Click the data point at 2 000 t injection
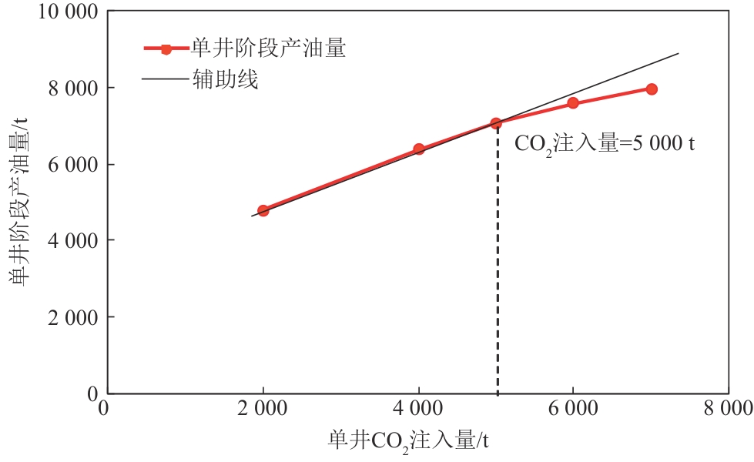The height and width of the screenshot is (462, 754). click(x=263, y=210)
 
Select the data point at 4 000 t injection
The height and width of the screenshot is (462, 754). click(x=419, y=149)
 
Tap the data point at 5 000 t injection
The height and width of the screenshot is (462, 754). click(x=496, y=122)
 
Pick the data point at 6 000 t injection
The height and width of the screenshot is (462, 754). click(x=573, y=102)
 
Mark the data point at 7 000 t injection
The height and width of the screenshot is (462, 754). click(x=652, y=89)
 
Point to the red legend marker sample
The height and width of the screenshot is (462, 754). click(x=166, y=49)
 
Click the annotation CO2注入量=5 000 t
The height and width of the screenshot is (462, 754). click(x=604, y=143)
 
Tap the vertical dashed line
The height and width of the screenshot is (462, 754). click(x=497, y=269)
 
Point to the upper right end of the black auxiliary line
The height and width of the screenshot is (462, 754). click(x=678, y=53)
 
